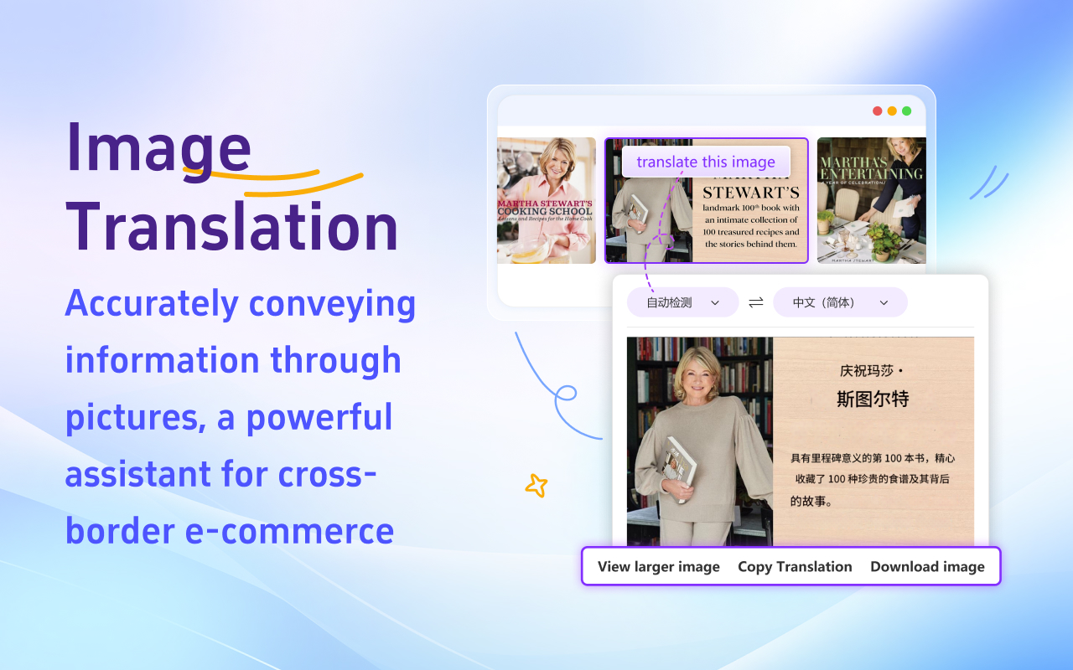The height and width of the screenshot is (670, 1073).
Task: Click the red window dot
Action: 878,111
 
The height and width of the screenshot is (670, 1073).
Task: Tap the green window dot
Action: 906,111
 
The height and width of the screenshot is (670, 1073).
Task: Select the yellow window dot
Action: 892,111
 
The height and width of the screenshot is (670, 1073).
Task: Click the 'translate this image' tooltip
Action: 706,162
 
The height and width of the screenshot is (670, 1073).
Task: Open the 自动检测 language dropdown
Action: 682,302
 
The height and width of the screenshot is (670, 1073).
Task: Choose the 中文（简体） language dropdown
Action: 840,302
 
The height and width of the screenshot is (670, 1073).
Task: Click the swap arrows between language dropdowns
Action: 756,302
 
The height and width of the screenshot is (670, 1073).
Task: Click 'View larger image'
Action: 658,567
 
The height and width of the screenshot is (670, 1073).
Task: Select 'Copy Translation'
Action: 795,567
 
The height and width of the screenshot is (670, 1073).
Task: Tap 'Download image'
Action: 927,567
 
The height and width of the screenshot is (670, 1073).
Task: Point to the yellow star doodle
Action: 536,485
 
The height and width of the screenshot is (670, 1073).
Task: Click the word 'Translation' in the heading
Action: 232,228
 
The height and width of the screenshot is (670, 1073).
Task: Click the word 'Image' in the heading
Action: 159,147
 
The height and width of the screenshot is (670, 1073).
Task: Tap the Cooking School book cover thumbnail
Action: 547,201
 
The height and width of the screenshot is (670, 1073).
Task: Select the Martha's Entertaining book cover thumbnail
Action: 872,201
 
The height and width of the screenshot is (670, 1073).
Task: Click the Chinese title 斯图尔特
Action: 873,399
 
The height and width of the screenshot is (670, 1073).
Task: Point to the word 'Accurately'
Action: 151,303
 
